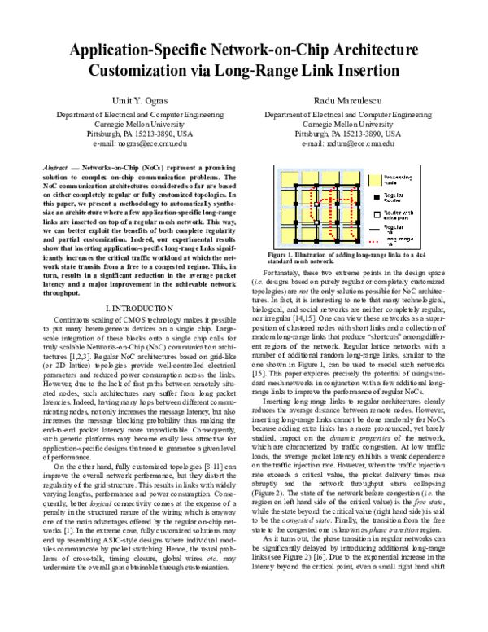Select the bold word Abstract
(54, 165)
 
